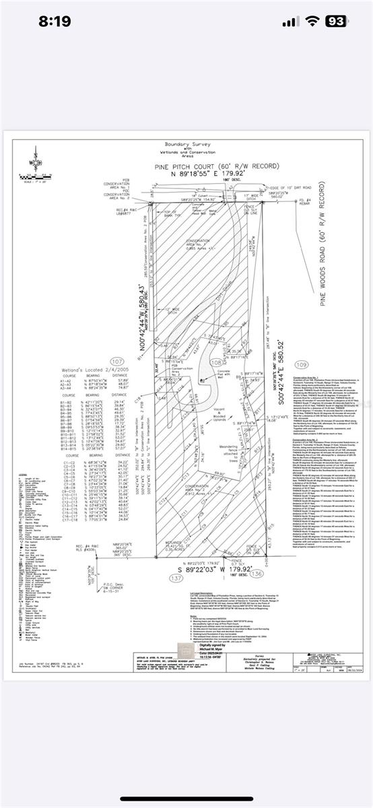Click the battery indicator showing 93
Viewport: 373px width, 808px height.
(x=337, y=22)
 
